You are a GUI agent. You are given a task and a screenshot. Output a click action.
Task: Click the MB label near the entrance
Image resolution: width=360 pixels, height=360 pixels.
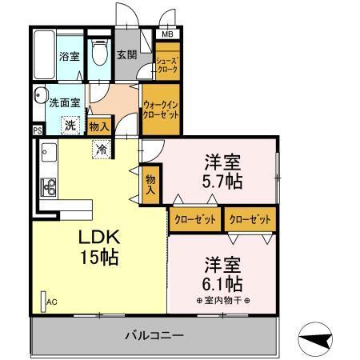click(167, 35)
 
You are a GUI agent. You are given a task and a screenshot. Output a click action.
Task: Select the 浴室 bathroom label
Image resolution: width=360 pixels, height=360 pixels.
click(69, 57)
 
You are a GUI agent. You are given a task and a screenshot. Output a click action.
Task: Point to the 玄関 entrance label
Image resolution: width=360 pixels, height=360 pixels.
click(127, 56)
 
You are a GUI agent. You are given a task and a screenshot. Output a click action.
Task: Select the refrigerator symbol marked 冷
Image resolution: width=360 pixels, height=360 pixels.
click(102, 148)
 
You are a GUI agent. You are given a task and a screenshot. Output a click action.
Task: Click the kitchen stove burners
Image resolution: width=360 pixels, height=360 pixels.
click(48, 189)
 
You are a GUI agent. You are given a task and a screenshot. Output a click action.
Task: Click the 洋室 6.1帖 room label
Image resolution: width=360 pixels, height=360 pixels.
click(222, 273)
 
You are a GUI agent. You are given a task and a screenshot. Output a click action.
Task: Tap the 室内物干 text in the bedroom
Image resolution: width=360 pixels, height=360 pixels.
click(222, 300)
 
